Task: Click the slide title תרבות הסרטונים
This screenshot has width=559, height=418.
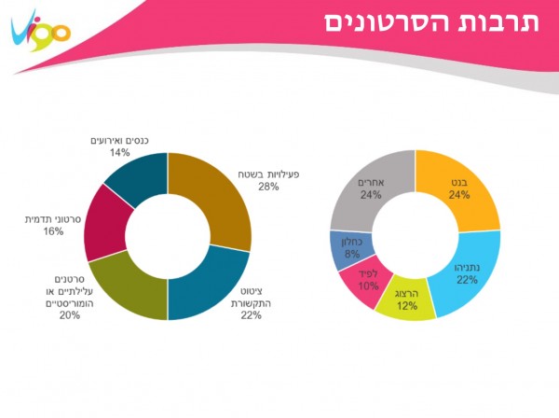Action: click(x=432, y=22)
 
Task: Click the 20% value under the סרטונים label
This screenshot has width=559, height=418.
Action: click(x=69, y=314)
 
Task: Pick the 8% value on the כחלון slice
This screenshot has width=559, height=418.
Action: click(x=351, y=254)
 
